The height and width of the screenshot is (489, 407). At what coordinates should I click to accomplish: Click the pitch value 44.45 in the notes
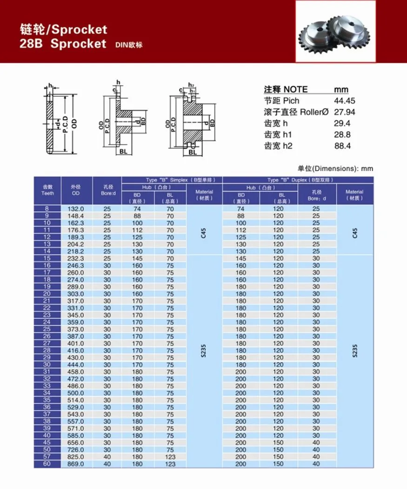342,101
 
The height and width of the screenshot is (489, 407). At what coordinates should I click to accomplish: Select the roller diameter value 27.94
342,112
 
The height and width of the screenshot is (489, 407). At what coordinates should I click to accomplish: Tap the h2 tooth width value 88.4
342,146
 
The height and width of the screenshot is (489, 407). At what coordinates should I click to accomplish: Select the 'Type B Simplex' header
172,180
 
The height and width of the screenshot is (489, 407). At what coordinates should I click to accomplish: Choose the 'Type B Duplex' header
297,180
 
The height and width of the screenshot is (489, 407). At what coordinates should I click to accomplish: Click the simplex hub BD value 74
137,209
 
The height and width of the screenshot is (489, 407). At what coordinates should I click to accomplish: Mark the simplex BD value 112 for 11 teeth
137,230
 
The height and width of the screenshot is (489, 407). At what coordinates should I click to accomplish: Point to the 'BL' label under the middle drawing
123,151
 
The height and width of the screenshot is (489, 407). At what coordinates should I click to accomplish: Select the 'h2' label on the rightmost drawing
191,85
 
